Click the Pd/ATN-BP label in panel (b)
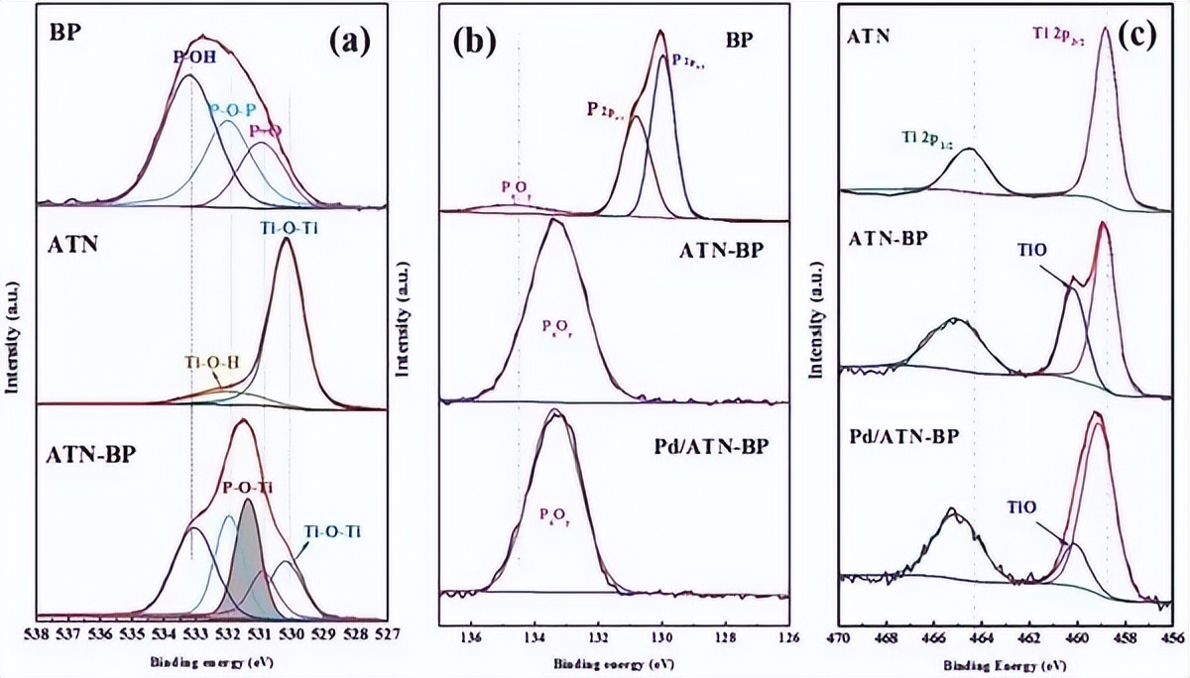point(727,457)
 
